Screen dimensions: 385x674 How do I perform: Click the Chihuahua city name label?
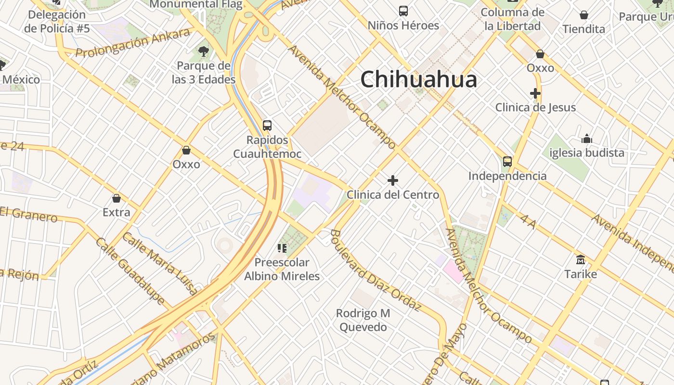point(418,79)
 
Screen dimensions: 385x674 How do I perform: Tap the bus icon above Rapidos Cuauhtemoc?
point(267,126)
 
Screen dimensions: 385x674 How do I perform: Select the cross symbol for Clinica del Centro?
point(393,180)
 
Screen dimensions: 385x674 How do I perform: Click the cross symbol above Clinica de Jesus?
point(535,93)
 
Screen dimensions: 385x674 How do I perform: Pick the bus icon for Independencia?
point(507,162)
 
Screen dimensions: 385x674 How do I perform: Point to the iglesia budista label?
point(586,153)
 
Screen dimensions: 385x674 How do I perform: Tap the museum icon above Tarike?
point(581,260)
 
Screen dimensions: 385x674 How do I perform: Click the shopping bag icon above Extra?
point(117,198)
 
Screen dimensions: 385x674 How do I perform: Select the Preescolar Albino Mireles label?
point(282,269)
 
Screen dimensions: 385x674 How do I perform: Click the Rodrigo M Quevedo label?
point(363,320)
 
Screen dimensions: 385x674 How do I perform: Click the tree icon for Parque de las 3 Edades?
point(204,51)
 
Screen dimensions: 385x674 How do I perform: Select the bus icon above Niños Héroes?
point(403,11)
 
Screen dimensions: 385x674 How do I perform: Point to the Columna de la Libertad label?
point(512,19)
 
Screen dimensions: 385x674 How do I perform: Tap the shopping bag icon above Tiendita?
point(584,15)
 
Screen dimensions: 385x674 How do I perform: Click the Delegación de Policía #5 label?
point(57,22)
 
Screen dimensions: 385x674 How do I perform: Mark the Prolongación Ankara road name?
point(133,43)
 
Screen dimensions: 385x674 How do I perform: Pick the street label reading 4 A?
point(528,222)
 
